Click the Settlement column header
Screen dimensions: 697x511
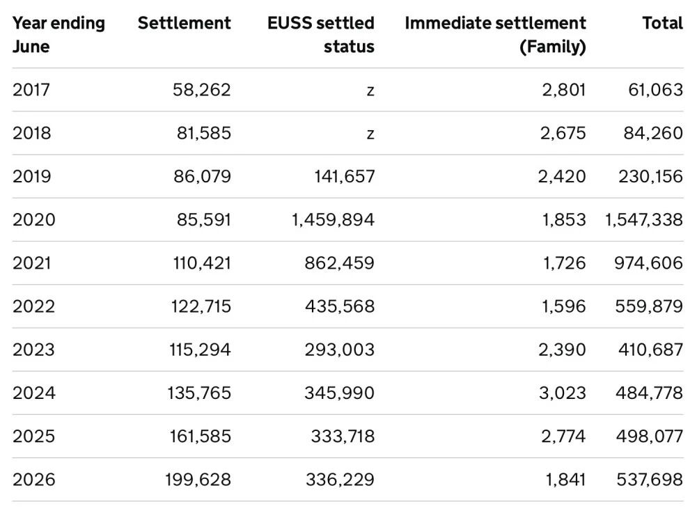point(184,23)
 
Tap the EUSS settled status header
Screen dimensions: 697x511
point(320,35)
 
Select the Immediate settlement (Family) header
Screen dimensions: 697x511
point(495,35)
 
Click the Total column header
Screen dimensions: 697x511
point(662,23)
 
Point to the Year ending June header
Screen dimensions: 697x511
point(58,35)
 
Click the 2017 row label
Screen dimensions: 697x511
point(31,90)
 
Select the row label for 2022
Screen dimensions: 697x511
point(34,306)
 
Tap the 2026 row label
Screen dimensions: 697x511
point(34,480)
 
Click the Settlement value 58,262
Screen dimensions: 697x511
point(202,90)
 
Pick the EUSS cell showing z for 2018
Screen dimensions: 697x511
point(370,134)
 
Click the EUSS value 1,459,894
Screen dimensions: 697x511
point(333,219)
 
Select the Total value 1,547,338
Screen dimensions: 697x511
point(643,219)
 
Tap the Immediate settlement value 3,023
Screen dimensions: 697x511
point(563,393)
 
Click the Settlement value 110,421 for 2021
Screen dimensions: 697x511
point(202,263)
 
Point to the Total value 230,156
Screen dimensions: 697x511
point(651,176)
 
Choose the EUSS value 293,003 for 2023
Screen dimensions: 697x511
point(340,349)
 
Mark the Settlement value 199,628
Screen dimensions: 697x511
point(198,480)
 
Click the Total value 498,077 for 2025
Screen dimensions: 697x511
point(650,437)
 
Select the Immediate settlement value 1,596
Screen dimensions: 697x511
point(563,306)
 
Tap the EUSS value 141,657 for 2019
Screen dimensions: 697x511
point(345,176)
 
